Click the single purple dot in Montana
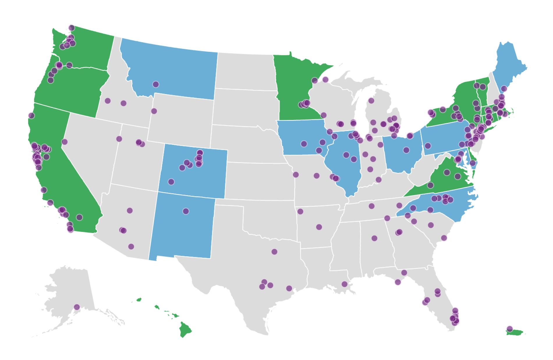click(x=156, y=84)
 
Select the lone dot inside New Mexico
click(x=186, y=211)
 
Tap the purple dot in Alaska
click(x=77, y=307)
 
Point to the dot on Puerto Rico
click(x=509, y=329)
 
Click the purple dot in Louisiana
click(x=344, y=284)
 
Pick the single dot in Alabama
click(x=374, y=238)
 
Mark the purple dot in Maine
click(x=504, y=89)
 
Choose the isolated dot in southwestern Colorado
click(x=171, y=182)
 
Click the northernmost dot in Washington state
click(x=72, y=28)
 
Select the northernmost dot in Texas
click(x=274, y=252)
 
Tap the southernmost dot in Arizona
click(x=131, y=247)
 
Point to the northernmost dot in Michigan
click(x=371, y=101)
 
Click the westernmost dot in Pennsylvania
click(x=428, y=146)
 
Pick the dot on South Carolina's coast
click(x=444, y=238)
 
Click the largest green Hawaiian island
click(x=185, y=329)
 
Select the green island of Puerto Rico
click(x=516, y=333)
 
